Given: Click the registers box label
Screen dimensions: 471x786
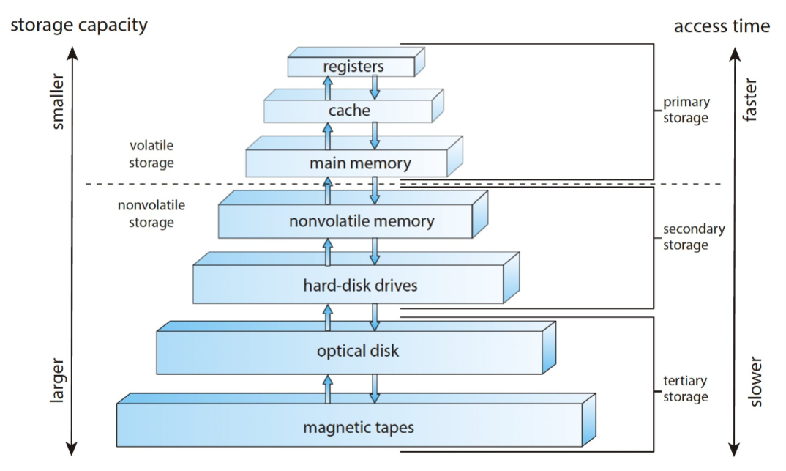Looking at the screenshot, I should pos(353,67).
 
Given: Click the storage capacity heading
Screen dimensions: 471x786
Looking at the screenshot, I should pos(78,25).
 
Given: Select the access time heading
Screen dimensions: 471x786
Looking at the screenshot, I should pos(722,26).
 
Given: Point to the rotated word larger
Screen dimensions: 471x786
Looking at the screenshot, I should pos(59,381).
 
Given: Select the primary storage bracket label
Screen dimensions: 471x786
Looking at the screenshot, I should pos(686,110).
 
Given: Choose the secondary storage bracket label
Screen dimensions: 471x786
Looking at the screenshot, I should pos(694,237).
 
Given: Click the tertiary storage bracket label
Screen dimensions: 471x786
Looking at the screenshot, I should pos(686,389).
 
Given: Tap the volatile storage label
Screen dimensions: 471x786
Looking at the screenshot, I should pos(151,154).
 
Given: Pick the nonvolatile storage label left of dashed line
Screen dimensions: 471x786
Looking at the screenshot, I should pos(151,213).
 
